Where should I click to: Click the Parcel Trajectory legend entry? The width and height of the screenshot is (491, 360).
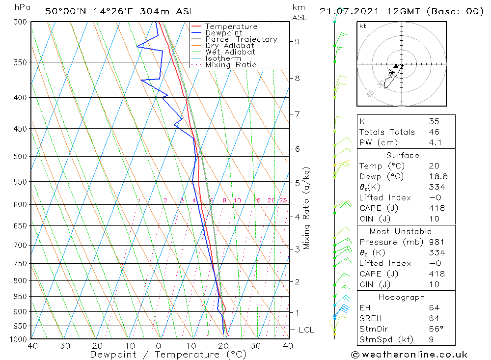(241, 39)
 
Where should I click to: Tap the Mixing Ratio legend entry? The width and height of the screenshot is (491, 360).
(231, 65)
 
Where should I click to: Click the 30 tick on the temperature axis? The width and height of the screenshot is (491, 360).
(255, 346)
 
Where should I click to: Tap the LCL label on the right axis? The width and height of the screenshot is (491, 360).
(306, 330)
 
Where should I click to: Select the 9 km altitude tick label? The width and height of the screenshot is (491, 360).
(297, 42)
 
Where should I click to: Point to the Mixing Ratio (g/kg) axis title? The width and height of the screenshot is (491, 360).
(307, 208)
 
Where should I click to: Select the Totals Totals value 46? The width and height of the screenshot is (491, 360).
(434, 132)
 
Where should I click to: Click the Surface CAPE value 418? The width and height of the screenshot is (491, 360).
(436, 208)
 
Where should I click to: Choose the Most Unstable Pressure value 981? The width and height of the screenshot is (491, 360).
(436, 242)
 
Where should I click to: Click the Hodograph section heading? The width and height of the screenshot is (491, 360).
(402, 298)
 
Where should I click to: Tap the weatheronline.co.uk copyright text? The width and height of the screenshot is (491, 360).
(409, 355)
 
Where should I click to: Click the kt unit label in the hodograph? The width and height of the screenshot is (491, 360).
(363, 26)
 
